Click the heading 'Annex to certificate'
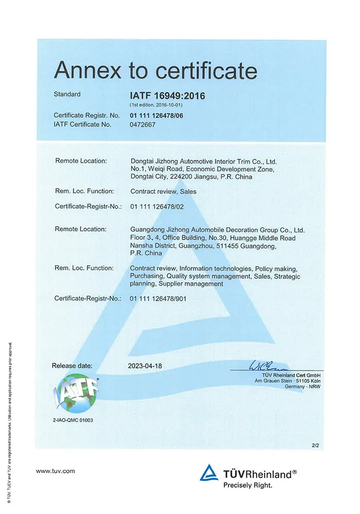[x=155, y=70]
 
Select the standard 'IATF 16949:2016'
[x=168, y=96]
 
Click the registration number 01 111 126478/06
[x=156, y=115]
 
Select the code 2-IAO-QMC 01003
[x=73, y=420]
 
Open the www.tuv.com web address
[x=56, y=471]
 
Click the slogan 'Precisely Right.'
[x=247, y=484]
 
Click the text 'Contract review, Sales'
[x=164, y=191]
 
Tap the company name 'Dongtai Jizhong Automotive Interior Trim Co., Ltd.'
[x=204, y=161]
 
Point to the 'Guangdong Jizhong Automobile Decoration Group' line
[x=218, y=229]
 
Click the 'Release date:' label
[x=72, y=365]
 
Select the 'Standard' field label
[x=67, y=94]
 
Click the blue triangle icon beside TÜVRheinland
[x=209, y=473]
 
